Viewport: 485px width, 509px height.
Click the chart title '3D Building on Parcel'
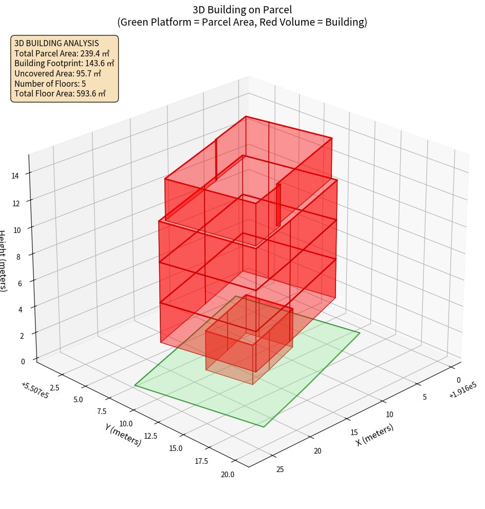[x=242, y=10]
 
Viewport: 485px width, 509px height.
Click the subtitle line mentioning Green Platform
[x=242, y=22]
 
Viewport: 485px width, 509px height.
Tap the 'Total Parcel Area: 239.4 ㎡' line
[x=62, y=53]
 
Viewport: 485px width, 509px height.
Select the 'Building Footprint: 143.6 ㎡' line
[x=64, y=64]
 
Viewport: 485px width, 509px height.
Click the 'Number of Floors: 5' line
[x=50, y=84]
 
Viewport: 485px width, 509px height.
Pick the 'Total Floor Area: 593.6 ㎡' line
[x=60, y=93]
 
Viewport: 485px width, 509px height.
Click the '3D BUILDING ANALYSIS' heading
[x=57, y=44]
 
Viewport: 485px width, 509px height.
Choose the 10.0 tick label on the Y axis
[x=126, y=423]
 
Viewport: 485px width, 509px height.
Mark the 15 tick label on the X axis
[x=353, y=432]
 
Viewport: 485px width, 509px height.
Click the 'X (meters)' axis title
[x=375, y=435]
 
